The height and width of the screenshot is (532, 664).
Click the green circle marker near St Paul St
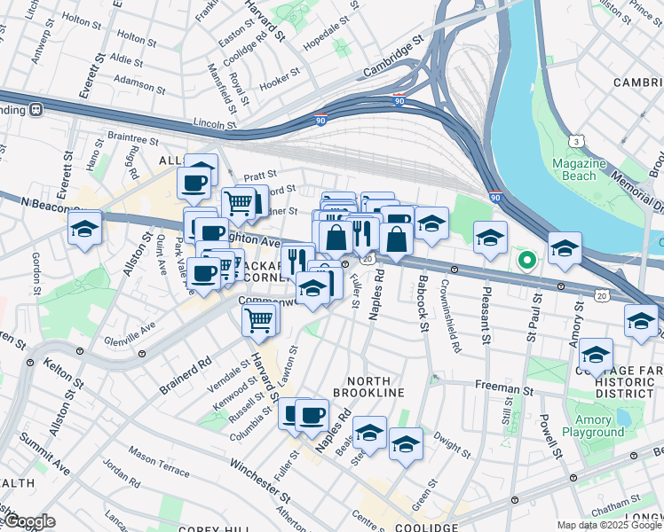coord(526,261)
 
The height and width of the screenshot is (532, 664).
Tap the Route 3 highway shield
coord(578,141)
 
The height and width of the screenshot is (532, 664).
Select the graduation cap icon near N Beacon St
coord(85,229)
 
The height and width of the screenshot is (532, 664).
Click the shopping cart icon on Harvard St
coord(258,319)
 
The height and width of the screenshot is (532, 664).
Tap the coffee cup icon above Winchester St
coord(311,414)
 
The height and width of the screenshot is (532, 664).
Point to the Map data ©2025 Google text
coord(609,525)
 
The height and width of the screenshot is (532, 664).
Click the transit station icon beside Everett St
coord(36,110)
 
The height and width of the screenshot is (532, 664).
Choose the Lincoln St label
coord(213,124)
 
